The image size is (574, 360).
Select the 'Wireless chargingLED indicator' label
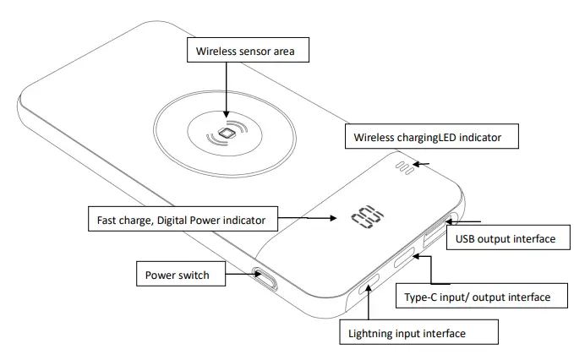click(x=429, y=137)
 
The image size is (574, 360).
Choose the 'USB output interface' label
click(x=506, y=238)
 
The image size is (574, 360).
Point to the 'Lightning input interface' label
click(x=407, y=333)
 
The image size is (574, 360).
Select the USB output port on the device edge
click(x=433, y=235)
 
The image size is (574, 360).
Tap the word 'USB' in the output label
click(x=467, y=238)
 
